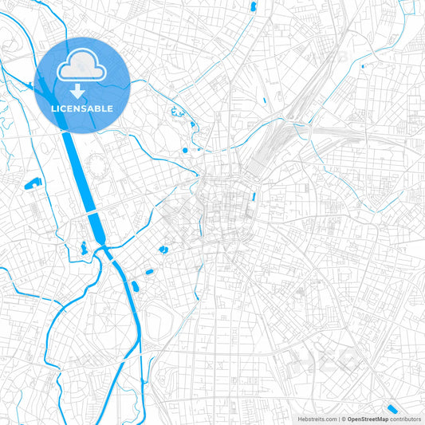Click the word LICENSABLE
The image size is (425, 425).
tap(82, 108)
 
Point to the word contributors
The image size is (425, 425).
tap(406, 419)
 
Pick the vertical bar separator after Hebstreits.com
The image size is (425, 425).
tap(339, 419)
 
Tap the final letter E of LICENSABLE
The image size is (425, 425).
tap(110, 108)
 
